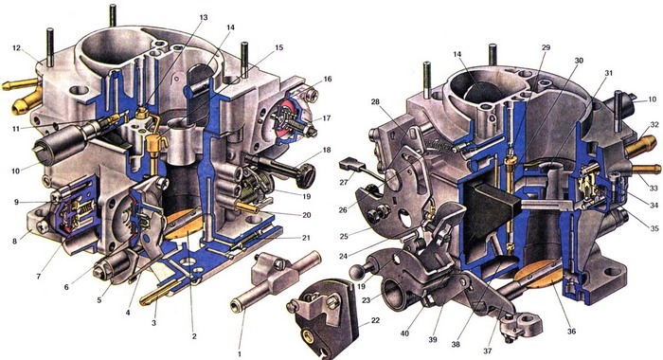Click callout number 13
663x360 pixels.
tap(204, 18)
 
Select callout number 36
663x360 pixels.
tap(572, 332)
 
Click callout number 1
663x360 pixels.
tap(241, 352)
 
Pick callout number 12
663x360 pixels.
tap(16, 48)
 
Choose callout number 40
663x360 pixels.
tap(404, 333)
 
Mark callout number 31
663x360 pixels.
tap(608, 73)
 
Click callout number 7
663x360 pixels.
tap(39, 277)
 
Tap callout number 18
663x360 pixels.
tap(326, 151)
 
